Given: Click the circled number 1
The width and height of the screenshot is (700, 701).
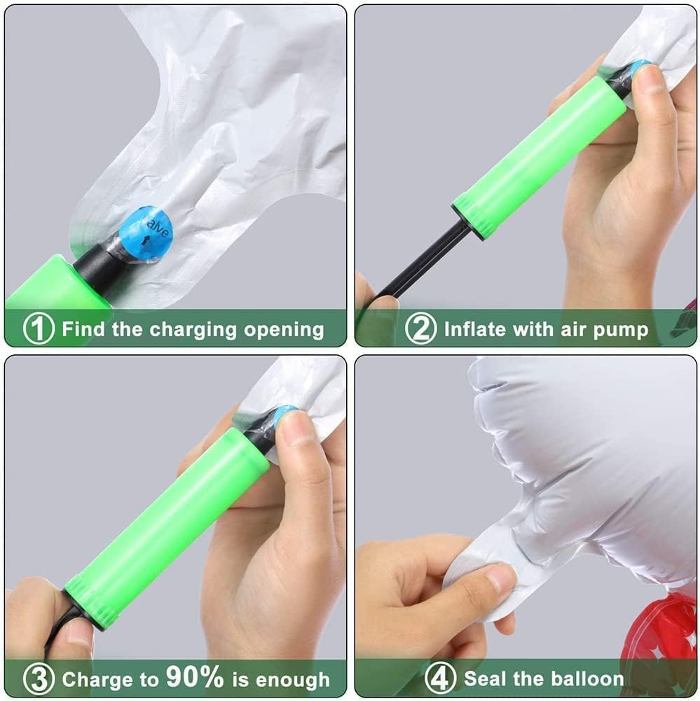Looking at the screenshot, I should pos(39,328).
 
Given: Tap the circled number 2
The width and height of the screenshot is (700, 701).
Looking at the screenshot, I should pos(420,328).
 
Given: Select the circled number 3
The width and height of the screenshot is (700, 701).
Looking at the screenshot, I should pos(39,679).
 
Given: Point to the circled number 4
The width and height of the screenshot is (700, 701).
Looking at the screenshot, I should pos(439,678).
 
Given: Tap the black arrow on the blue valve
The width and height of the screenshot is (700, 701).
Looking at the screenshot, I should pos(145,241).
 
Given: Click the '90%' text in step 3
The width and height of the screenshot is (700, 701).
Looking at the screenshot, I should pos(195,677).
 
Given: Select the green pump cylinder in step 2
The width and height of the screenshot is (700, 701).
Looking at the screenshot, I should pos(540,155).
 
